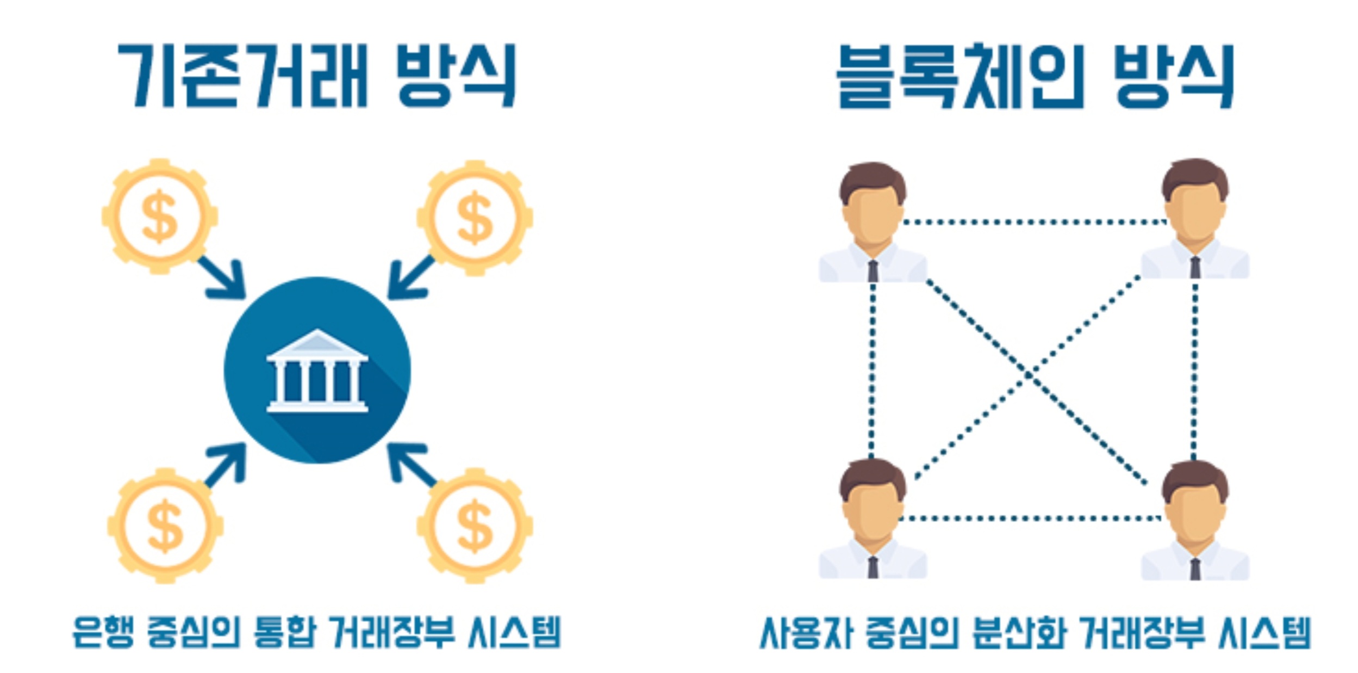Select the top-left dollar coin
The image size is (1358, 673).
tap(159, 217)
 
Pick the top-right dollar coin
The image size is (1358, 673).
tap(475, 218)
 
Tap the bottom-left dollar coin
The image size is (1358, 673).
tap(165, 526)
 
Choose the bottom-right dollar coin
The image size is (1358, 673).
tap(475, 526)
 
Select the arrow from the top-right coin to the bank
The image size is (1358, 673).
tap(410, 279)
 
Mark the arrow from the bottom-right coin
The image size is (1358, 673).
tap(410, 464)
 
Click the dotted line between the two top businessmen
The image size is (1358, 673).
tap(1033, 222)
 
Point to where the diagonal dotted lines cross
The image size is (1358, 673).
tap(1028, 374)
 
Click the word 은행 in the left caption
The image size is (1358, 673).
tap(102, 632)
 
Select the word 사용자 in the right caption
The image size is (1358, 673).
tap(805, 632)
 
